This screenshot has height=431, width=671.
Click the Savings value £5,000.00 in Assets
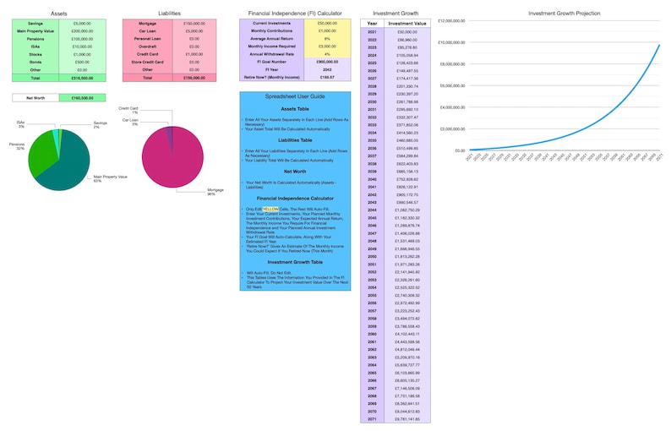(x=83, y=23)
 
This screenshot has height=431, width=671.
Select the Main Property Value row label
(x=35, y=30)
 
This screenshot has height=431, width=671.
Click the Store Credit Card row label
(x=147, y=62)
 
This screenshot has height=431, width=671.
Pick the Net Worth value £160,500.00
(x=83, y=98)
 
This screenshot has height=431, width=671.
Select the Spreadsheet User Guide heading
(x=295, y=96)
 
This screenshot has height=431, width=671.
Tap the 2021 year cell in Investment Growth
(x=373, y=31)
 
